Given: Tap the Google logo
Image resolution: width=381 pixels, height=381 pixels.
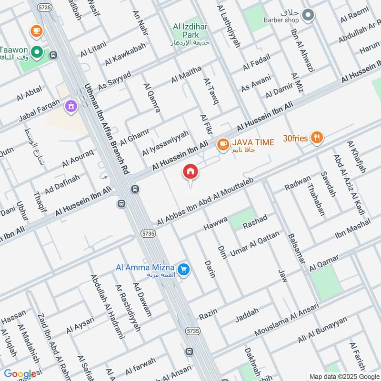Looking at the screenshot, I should tap(20, 374).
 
